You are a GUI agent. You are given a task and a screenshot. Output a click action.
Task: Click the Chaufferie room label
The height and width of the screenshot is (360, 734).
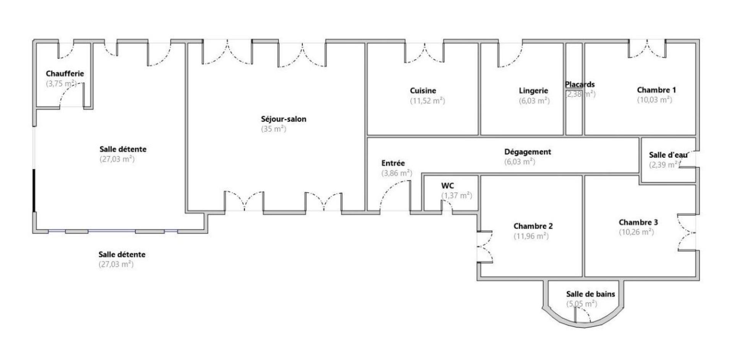pyautogui.click(x=65, y=73)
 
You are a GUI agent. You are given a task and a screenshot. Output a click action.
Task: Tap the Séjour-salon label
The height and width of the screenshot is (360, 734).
pyautogui.click(x=283, y=119)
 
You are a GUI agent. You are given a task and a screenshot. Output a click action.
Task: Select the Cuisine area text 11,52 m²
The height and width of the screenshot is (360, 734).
pyautogui.click(x=427, y=101)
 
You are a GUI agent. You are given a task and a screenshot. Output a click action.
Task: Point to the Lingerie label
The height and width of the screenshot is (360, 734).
pyautogui.click(x=533, y=91)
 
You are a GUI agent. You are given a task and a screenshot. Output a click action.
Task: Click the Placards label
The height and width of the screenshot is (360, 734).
pyautogui.click(x=580, y=84)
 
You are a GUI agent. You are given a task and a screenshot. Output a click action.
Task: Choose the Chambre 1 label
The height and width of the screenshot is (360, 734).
pyautogui.click(x=656, y=90)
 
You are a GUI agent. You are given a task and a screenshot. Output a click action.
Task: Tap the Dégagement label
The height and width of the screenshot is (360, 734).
pyautogui.click(x=528, y=152)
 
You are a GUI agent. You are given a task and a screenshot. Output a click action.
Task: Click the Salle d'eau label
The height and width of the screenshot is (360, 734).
pyautogui.click(x=668, y=155)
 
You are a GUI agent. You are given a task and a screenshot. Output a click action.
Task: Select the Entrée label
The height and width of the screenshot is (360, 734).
pyautogui.click(x=393, y=163)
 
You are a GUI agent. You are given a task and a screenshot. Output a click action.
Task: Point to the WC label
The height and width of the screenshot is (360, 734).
pyautogui.click(x=447, y=186)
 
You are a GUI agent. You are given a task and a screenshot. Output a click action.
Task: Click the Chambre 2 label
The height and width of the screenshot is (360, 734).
pyautogui.click(x=533, y=226)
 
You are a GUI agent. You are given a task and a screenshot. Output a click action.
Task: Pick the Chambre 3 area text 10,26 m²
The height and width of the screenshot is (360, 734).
pyautogui.click(x=636, y=232)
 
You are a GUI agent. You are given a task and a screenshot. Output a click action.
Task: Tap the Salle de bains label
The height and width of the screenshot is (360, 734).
pyautogui.click(x=590, y=294)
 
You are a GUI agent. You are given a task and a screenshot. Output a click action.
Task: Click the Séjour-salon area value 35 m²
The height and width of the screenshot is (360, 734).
pyautogui.click(x=273, y=129)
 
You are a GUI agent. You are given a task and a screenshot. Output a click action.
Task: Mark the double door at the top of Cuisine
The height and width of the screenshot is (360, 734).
pyautogui.click(x=424, y=54)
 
